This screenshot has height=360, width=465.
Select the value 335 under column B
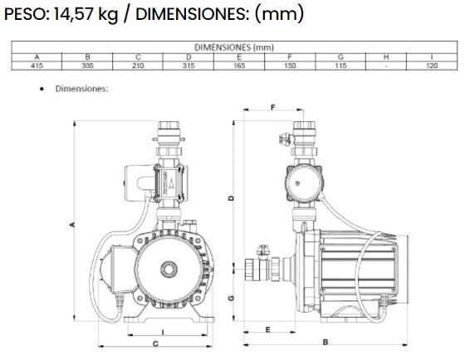(87, 64)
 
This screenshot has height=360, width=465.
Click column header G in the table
(340, 56)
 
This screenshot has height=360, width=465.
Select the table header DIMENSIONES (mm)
(234, 47)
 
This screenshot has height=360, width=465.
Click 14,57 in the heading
(77, 14)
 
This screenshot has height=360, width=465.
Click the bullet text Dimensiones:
(82, 87)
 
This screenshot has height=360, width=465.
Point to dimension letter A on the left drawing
(72, 225)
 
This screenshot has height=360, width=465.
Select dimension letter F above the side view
(273, 108)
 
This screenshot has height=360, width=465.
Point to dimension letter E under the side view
(267, 329)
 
